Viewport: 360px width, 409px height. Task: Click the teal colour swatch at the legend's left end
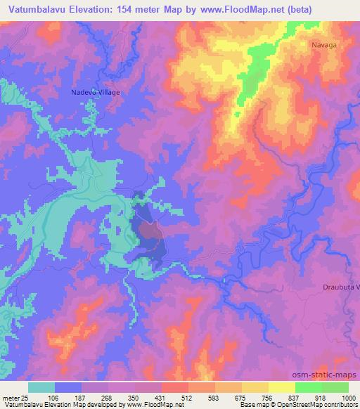pos(41,387)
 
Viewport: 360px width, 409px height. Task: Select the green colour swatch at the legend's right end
pos(335,387)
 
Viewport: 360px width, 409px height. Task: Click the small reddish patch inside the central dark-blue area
pos(149,229)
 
